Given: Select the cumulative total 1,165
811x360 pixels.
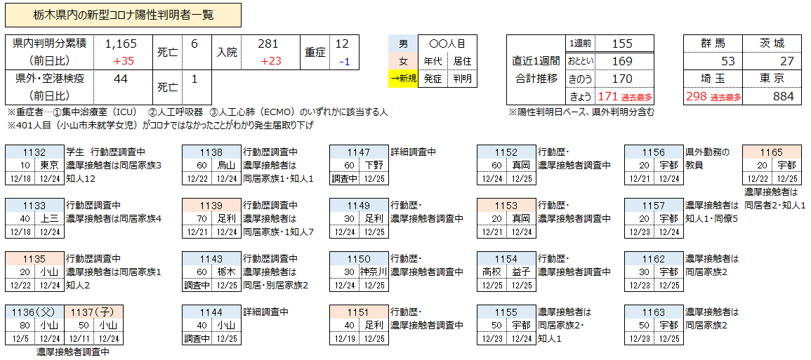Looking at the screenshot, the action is click(120, 44).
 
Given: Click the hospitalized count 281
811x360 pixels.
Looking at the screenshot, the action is click(268, 44).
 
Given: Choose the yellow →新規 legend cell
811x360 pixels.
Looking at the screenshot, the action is click(403, 79).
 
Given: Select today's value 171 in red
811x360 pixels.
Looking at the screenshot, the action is click(608, 96).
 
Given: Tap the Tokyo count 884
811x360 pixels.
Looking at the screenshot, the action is click(782, 96).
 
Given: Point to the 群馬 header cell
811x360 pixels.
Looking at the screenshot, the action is click(713, 44).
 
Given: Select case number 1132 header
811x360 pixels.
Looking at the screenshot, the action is click(34, 152).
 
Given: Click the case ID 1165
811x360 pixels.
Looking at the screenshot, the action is click(771, 152).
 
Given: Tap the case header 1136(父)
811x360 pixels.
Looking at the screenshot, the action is click(34, 312).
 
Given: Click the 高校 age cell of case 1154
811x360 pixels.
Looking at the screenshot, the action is click(492, 272).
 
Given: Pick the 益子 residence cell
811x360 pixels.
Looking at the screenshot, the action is click(521, 272).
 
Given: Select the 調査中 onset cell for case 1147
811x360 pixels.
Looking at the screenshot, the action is click(345, 179).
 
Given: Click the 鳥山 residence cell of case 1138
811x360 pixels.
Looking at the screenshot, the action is click(226, 166).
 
